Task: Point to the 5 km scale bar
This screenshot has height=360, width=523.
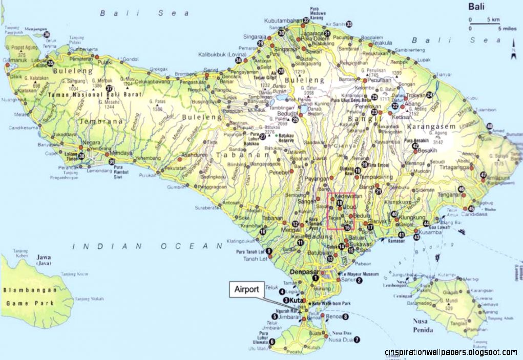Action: point(482,24)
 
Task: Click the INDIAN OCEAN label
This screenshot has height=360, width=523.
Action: point(140,246)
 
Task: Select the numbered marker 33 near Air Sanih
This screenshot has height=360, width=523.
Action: point(349,24)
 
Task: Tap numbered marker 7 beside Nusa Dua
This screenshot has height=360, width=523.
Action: point(357,339)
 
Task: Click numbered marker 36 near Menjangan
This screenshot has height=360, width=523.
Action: point(47,34)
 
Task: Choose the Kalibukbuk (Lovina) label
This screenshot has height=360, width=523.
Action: point(217,54)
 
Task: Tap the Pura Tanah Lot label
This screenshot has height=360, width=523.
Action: point(250,252)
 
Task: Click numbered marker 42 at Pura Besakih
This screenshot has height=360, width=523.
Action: point(415,146)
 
